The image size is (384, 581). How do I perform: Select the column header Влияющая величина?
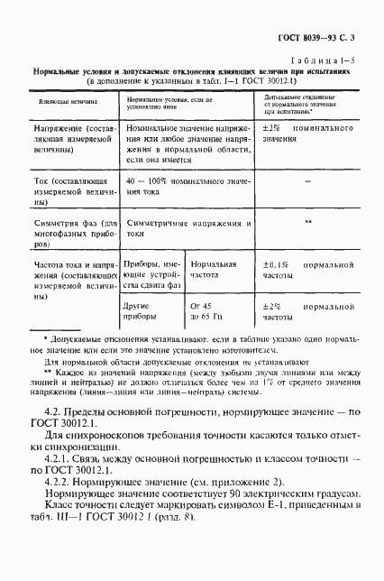pos(60,104)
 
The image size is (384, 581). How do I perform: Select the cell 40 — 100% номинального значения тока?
pos(187,188)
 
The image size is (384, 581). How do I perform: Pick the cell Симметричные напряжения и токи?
pos(187,227)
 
